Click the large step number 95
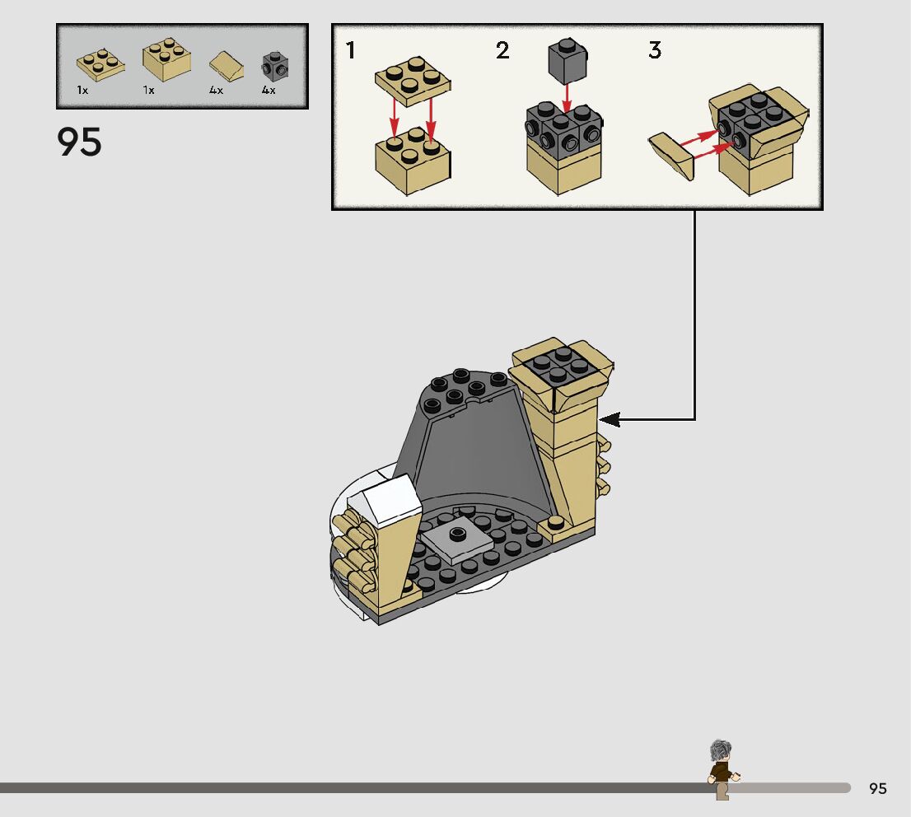tap(80, 142)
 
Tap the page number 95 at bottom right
tap(878, 788)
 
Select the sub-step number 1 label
tap(351, 51)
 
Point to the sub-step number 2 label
tap(502, 51)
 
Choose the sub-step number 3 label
tap(655, 51)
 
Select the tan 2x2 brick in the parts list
tap(167, 59)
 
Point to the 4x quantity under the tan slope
tap(216, 91)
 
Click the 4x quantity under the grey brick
tap(269, 91)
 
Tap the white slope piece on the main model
tap(384, 497)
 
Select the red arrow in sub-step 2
tap(566, 96)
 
